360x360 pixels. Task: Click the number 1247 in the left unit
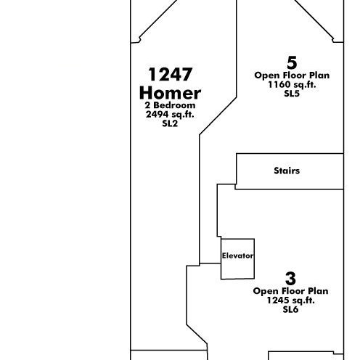point(171,74)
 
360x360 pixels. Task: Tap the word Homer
point(170,93)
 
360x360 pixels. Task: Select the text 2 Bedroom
point(170,105)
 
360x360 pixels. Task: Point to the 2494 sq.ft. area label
point(170,115)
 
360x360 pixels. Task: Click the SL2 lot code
point(170,123)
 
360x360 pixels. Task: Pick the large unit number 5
point(292,62)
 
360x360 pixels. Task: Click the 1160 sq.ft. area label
point(292,85)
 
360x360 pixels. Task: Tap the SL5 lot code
point(292,94)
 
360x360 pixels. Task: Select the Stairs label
point(287,171)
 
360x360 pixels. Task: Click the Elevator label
point(238,255)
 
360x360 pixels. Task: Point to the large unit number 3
point(290,279)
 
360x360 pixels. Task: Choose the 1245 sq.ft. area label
point(291,300)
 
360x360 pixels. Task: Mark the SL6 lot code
point(290,309)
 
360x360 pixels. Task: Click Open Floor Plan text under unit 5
point(292,75)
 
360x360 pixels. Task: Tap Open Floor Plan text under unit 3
point(290,291)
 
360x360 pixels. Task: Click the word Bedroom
point(174,105)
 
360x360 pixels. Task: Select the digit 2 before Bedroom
point(147,105)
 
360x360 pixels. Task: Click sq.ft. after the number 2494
point(183,115)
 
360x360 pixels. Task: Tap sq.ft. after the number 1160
point(305,85)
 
